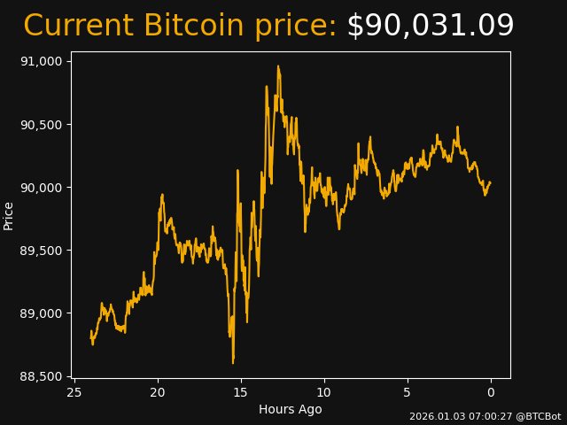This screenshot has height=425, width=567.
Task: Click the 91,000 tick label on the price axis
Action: click(41, 61)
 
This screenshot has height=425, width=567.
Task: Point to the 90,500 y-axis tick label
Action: click(41, 124)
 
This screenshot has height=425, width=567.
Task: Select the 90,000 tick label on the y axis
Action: click(41, 188)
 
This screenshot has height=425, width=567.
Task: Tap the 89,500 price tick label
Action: click(41, 251)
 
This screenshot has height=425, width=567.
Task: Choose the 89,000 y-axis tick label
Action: click(41, 313)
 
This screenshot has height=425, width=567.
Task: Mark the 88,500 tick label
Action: click(41, 376)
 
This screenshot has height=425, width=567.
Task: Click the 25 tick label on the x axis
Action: click(74, 393)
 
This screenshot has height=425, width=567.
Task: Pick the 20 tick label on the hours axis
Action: click(158, 393)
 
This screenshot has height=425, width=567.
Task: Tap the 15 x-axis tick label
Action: click(241, 393)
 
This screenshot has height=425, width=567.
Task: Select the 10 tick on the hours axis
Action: click(324, 393)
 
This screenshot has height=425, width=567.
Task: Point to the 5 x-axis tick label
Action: click(408, 393)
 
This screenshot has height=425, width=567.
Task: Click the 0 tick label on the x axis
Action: click(491, 393)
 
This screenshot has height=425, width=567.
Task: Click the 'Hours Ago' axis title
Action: click(291, 409)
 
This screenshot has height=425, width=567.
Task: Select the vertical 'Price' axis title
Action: click(9, 215)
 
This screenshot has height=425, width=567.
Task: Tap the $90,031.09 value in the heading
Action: click(430, 27)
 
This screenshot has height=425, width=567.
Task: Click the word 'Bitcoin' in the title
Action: click(194, 27)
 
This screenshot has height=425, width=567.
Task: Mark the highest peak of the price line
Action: click(277, 66)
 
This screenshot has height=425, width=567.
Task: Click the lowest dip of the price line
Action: click(233, 363)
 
